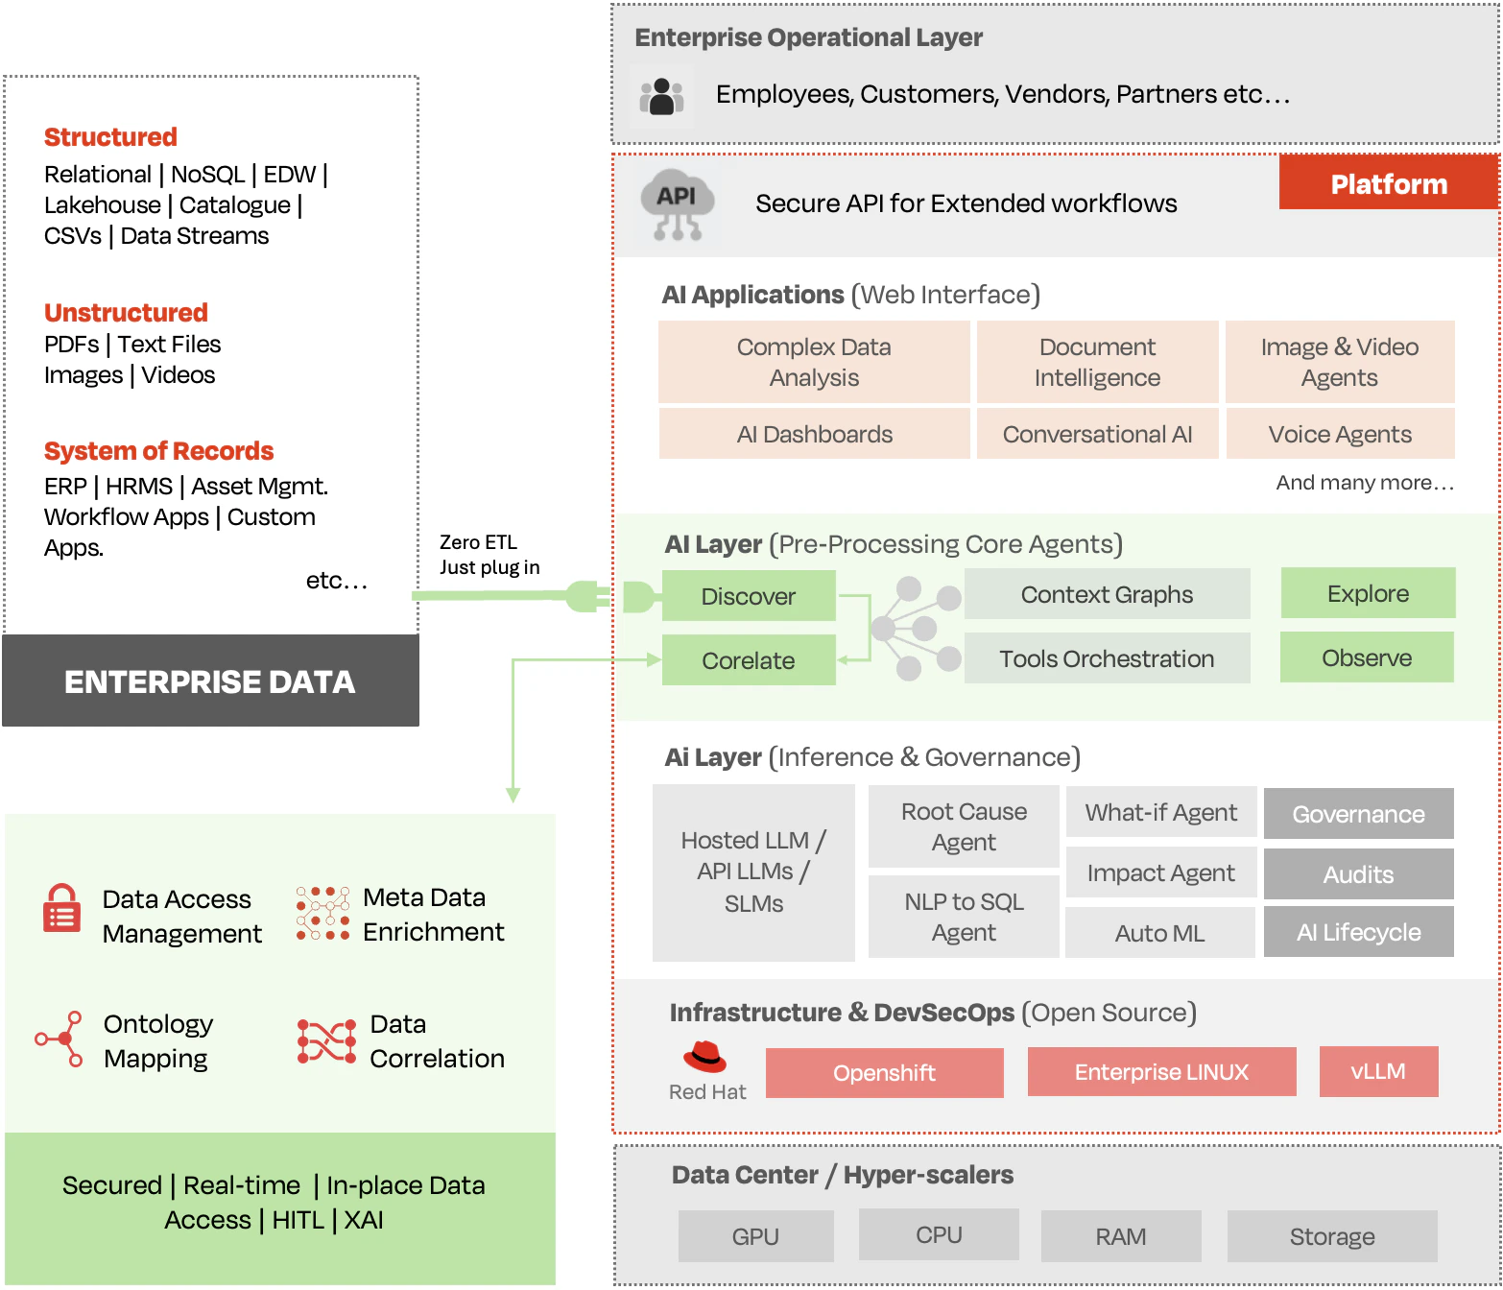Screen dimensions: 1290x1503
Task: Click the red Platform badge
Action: pyautogui.click(x=1388, y=183)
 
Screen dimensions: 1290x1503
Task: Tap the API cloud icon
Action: pyautogui.click(x=678, y=204)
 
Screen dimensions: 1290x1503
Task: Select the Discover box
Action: pyautogui.click(x=749, y=596)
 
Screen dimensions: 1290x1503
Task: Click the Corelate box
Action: pyautogui.click(x=749, y=660)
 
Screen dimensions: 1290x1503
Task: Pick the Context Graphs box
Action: pyautogui.click(x=1107, y=594)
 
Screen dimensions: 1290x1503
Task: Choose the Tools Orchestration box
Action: pyautogui.click(x=1107, y=658)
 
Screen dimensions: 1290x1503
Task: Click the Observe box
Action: pyautogui.click(x=1367, y=657)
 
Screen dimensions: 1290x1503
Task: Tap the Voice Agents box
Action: pyautogui.click(x=1340, y=434)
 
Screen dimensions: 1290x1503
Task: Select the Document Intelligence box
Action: pyautogui.click(x=1097, y=362)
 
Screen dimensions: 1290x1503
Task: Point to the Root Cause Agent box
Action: pyautogui.click(x=964, y=826)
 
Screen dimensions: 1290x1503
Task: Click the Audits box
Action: pyautogui.click(x=1358, y=874)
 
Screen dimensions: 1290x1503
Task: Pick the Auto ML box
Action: pyautogui.click(x=1159, y=933)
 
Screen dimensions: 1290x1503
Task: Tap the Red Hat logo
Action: pyautogui.click(x=705, y=1057)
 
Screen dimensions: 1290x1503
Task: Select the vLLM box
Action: pyautogui.click(x=1378, y=1071)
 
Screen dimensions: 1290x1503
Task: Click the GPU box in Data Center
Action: pyautogui.click(x=755, y=1236)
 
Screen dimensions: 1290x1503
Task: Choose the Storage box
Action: pyautogui.click(x=1332, y=1236)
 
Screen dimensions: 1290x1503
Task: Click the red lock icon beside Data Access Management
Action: pyautogui.click(x=62, y=909)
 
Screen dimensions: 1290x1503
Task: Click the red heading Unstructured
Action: pyautogui.click(x=126, y=313)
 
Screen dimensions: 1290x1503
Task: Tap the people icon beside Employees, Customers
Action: pyautogui.click(x=661, y=97)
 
